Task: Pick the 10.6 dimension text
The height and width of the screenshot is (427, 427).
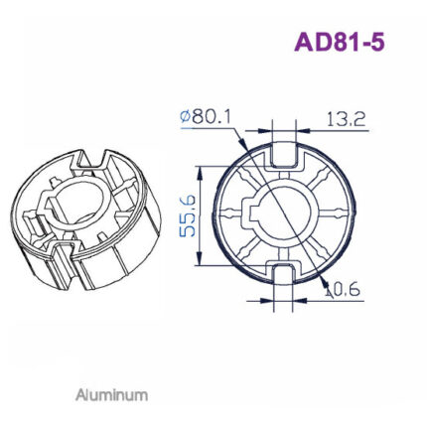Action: [344, 290]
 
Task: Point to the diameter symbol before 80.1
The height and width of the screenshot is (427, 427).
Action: [185, 118]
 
